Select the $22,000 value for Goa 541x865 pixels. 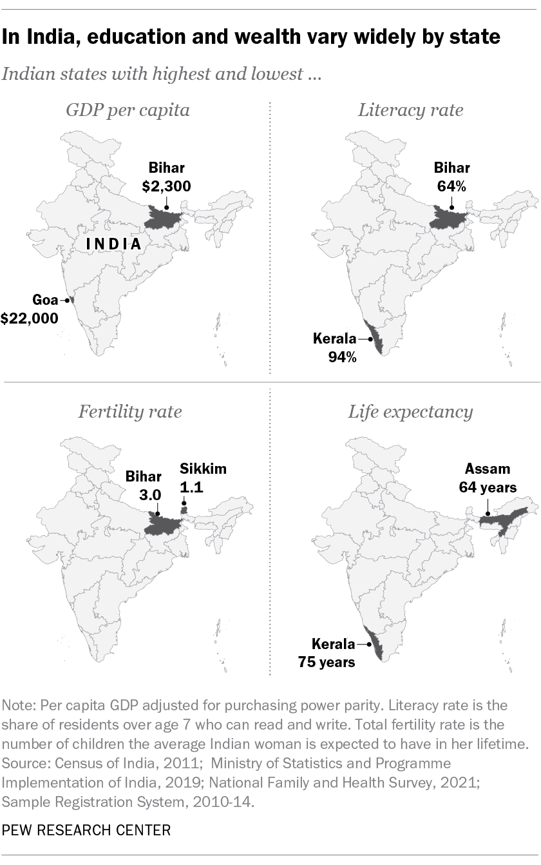pos(29,318)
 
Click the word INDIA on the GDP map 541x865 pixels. pos(115,244)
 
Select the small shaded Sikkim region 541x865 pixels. pos(183,510)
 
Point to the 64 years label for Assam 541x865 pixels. pos(488,488)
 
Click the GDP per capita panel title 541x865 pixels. pos(128,110)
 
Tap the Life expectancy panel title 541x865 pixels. pos(410,412)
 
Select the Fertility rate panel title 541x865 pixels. pos(129,412)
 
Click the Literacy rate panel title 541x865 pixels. pos(410,110)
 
